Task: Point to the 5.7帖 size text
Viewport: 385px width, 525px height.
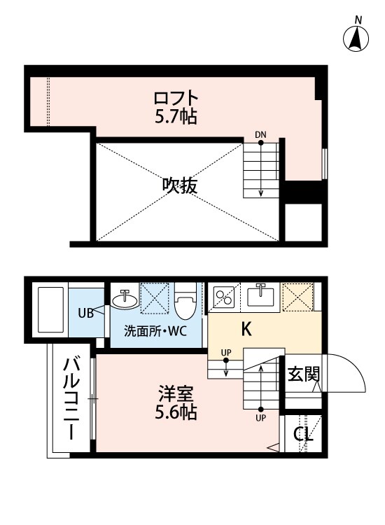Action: [x=176, y=116]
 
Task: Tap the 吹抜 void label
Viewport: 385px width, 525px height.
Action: [x=180, y=185]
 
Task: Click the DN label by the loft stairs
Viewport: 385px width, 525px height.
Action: [x=260, y=134]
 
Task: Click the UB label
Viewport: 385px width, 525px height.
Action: [x=86, y=312]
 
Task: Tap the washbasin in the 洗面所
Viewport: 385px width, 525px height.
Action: [x=125, y=300]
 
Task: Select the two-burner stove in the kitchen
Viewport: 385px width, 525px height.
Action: [x=225, y=297]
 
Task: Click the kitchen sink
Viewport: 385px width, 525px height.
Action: [x=262, y=297]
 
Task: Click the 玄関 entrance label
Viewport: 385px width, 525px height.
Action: [x=303, y=374]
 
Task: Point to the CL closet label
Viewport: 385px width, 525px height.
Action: [x=302, y=435]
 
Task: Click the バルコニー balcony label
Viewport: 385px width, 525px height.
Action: [x=71, y=398]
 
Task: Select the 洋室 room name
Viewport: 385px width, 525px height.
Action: [x=175, y=393]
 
